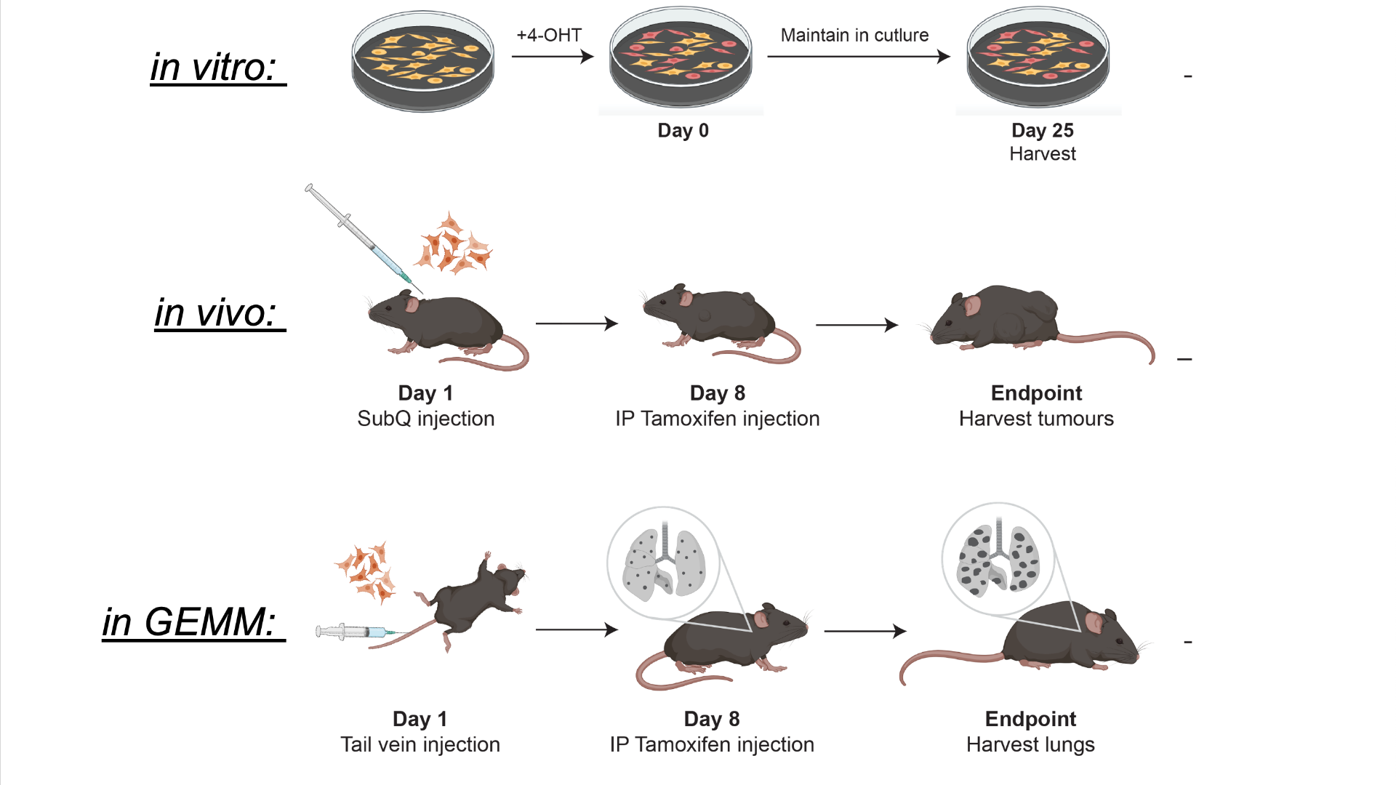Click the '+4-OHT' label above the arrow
pos(549,35)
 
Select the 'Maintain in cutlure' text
pos(854,35)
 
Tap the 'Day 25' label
pos(1042,130)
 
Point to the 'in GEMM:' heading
pos(190,622)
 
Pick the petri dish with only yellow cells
pos(422,61)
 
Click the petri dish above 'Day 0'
pos(681,58)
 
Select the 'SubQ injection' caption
pos(425,419)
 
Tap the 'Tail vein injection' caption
pos(420,744)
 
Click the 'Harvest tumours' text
pos(1035,419)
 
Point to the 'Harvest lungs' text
pos(1030,744)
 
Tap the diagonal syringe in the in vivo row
pos(358,233)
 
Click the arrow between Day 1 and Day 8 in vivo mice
pos(576,323)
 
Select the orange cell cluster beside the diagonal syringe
pos(453,245)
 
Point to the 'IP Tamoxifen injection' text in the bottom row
pos(711,744)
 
